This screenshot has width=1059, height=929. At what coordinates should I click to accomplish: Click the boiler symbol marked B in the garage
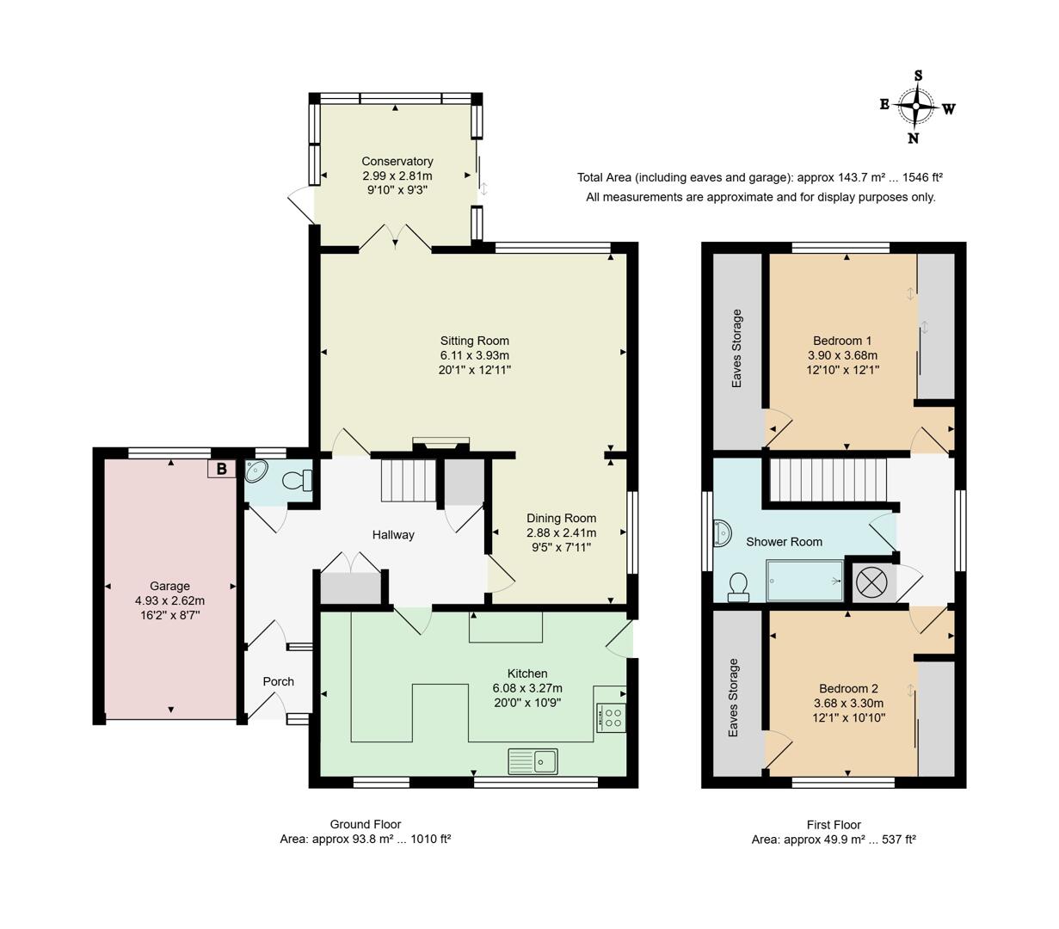[x=221, y=469]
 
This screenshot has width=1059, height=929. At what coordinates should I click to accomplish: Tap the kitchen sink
[x=533, y=760]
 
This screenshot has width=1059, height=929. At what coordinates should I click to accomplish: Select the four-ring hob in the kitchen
[x=611, y=717]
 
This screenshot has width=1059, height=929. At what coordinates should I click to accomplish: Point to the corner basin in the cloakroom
[x=256, y=471]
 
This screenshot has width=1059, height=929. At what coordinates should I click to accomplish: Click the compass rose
[x=917, y=108]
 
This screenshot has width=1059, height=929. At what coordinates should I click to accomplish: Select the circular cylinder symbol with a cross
[x=871, y=581]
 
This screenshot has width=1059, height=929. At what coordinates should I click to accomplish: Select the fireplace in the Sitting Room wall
[x=440, y=445]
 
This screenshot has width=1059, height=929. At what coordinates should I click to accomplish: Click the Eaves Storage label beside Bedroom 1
[x=736, y=348]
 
